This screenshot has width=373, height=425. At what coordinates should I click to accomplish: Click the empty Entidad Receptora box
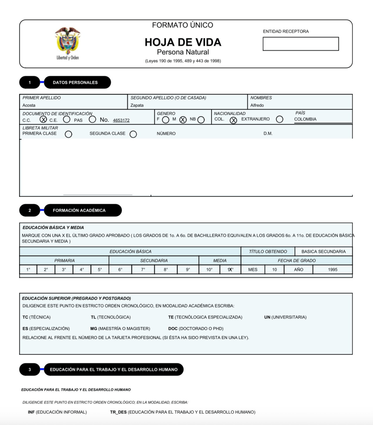pos(300,44)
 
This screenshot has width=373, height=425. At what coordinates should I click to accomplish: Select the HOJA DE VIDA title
pos(183,42)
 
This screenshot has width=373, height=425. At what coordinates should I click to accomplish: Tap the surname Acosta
pos(29,105)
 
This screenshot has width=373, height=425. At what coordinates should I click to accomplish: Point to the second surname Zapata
pos(137,105)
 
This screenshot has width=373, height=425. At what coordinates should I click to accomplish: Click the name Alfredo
pos(257,105)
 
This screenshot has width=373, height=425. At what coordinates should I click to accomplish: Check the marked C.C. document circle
pos(43,120)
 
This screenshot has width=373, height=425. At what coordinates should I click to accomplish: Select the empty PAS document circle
pos(93,120)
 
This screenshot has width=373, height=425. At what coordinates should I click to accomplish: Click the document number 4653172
pos(121,120)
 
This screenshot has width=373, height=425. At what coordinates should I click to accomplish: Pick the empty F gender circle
pos(166,120)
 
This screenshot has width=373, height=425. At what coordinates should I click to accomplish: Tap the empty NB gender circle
pos(201,120)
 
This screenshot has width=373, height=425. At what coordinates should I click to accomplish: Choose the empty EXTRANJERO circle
pos(280,120)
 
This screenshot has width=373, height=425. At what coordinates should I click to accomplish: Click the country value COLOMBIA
pos(305,119)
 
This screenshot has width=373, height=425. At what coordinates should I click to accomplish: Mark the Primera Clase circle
pos(68,134)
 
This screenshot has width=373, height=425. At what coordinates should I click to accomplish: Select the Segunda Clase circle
pos(133,134)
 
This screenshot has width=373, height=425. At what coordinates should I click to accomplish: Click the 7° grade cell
pos(143,269)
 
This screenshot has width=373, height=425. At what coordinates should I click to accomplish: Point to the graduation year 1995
pos(332,269)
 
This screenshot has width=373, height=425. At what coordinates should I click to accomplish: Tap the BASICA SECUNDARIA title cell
pos(324,252)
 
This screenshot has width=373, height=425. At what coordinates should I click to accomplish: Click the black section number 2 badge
pos(30,210)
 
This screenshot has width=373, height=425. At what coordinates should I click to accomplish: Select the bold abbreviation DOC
pos(173,328)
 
